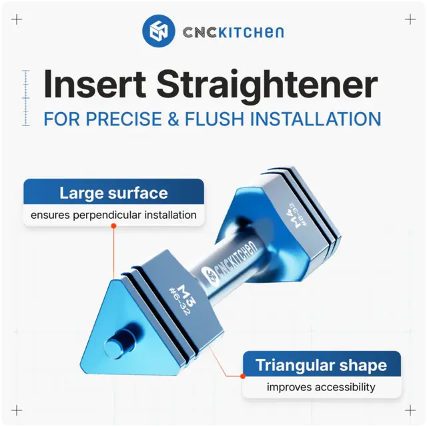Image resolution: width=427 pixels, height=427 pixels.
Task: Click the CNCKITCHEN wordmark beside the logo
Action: click(x=233, y=32)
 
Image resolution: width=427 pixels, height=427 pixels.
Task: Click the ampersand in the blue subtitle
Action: click(x=177, y=119)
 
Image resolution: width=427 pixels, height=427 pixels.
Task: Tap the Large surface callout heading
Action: click(x=113, y=193)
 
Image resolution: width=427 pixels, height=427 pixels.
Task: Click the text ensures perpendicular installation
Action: click(x=113, y=215)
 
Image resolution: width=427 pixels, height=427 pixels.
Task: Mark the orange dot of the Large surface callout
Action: click(x=113, y=226)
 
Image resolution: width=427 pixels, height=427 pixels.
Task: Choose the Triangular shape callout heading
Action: click(x=322, y=365)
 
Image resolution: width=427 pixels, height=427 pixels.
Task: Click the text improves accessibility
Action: click(x=321, y=387)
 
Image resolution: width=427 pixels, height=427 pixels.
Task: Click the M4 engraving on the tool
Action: click(x=292, y=216)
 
